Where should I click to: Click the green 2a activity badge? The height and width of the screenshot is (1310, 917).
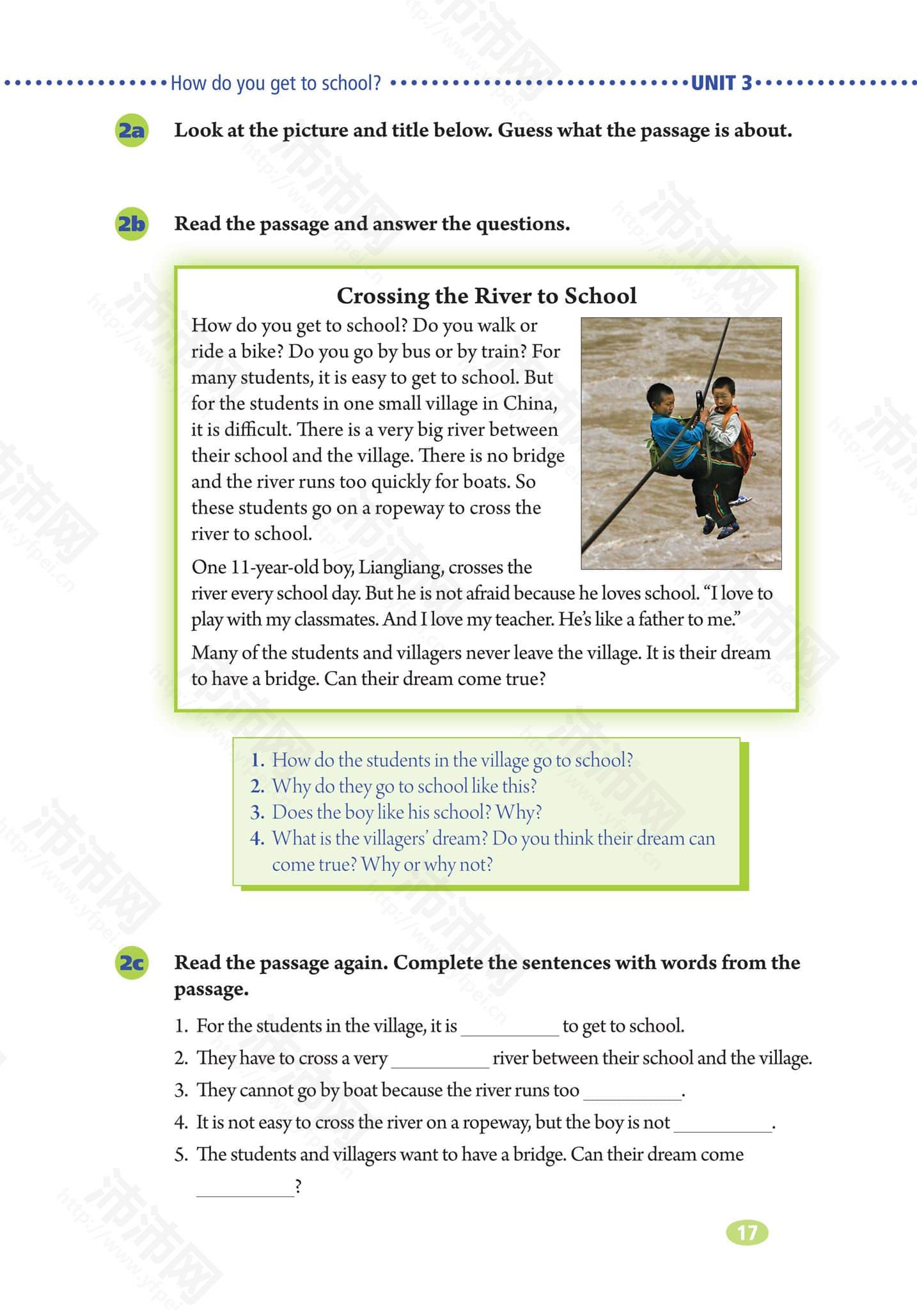tap(130, 130)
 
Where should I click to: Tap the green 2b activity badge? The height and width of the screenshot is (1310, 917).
tap(130, 224)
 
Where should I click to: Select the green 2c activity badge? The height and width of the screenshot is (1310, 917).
tap(130, 963)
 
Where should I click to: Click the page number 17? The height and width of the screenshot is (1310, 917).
tap(747, 1233)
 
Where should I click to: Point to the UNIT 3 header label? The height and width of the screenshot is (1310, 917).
tap(721, 83)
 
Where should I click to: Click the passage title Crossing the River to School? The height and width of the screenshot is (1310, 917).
tap(487, 296)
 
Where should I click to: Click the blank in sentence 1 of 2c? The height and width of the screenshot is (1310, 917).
tap(510, 1027)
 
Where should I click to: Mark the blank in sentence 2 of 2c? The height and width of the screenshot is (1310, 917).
tap(440, 1059)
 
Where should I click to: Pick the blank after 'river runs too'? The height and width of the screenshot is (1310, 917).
tap(632, 1091)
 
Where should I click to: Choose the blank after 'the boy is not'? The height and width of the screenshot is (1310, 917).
tap(723, 1123)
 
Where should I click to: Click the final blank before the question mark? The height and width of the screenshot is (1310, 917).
tap(245, 1187)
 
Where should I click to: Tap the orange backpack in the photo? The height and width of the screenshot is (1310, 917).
tap(742, 441)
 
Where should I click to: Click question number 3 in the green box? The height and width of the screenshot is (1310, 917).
tap(257, 812)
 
